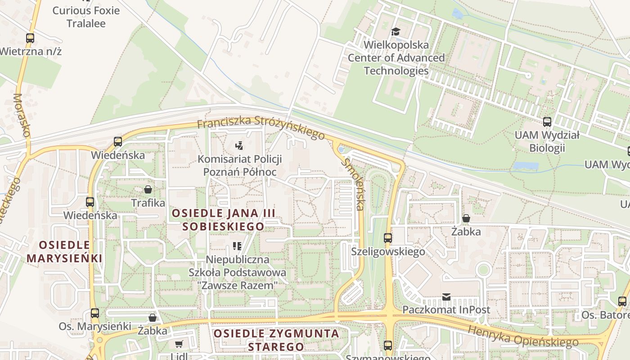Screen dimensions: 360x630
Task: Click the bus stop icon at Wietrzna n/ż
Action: [x=30, y=38]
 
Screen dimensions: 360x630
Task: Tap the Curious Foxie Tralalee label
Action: [x=86, y=17]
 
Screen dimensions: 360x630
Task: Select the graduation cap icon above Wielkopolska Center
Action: [x=396, y=31]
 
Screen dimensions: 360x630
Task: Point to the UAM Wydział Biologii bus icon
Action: [x=547, y=121]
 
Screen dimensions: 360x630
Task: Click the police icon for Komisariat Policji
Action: [x=239, y=145]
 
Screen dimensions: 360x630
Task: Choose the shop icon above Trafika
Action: [x=148, y=189]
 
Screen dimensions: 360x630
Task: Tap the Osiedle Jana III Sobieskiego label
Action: [x=223, y=220]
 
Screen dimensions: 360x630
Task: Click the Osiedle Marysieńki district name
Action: [x=64, y=252]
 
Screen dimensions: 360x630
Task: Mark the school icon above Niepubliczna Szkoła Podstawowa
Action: [x=237, y=246]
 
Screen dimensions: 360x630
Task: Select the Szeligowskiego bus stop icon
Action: [x=388, y=238]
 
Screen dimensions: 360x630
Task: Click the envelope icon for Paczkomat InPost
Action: [x=446, y=297]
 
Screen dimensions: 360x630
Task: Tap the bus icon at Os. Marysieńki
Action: [x=94, y=313]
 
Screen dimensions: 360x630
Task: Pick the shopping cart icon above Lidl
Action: [x=179, y=344]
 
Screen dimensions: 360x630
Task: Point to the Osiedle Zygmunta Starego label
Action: [x=276, y=340]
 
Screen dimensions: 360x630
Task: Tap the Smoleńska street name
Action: [x=353, y=184]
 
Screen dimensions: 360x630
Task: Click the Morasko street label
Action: [x=21, y=115]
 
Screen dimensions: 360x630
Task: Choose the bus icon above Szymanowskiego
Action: [x=388, y=346]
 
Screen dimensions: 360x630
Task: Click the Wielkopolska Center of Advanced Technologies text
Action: [x=396, y=58]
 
